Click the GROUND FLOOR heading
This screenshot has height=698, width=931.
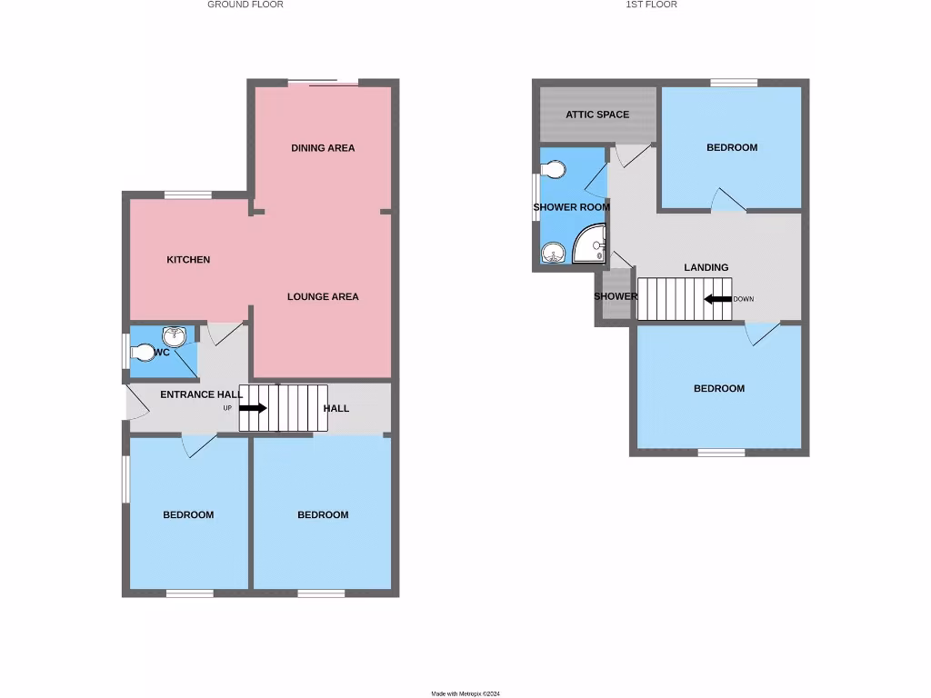click(x=245, y=5)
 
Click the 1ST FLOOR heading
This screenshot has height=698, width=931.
click(x=651, y=5)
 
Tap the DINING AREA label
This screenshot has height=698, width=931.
click(x=323, y=148)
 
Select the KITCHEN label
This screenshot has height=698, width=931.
click(x=188, y=260)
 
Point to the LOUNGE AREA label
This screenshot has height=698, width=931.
click(x=323, y=297)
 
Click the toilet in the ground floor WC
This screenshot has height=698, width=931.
click(x=143, y=353)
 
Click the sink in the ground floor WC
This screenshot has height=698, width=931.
click(x=173, y=336)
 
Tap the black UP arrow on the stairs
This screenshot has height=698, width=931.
click(x=253, y=408)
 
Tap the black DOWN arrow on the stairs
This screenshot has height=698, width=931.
click(x=718, y=299)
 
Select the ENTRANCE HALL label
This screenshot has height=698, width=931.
click(x=201, y=394)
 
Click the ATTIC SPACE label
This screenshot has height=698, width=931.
click(x=597, y=115)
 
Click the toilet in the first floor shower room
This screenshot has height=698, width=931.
click(x=553, y=170)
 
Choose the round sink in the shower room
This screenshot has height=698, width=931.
click(x=551, y=253)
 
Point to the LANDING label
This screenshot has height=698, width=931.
click(x=706, y=267)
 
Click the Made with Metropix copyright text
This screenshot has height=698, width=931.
click(x=465, y=693)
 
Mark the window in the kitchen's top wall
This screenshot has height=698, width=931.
click(x=188, y=194)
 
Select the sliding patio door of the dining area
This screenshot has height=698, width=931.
click(x=323, y=84)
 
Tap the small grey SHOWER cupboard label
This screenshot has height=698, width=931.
click(x=616, y=297)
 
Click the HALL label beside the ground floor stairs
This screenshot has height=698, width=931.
click(x=336, y=408)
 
